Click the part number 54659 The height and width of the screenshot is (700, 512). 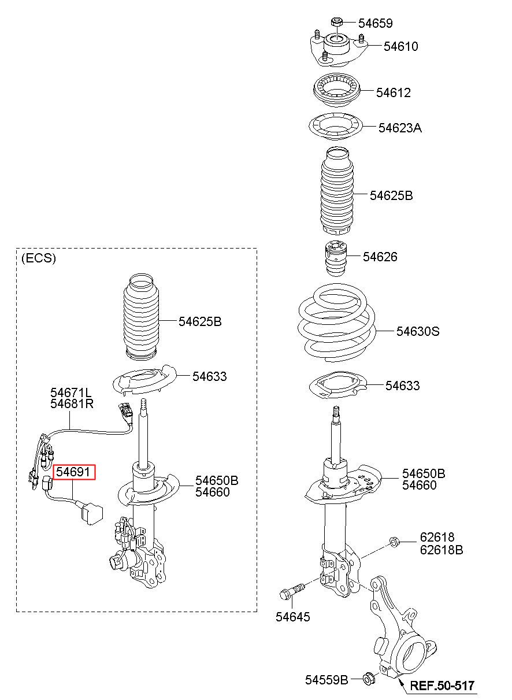pos(375,23)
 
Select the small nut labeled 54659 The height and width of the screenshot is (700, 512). pos(337,23)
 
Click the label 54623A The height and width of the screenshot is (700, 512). pos(400,128)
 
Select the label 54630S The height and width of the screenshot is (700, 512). pos(418,331)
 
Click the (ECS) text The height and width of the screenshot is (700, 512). pos(38,258)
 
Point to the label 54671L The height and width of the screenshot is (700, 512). pos(71,392)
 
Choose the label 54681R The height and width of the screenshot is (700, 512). pos(72,403)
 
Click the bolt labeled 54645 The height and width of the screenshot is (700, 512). pos(294,592)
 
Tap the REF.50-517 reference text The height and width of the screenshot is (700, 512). pos(442,686)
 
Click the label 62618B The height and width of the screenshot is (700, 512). pos(441,550)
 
